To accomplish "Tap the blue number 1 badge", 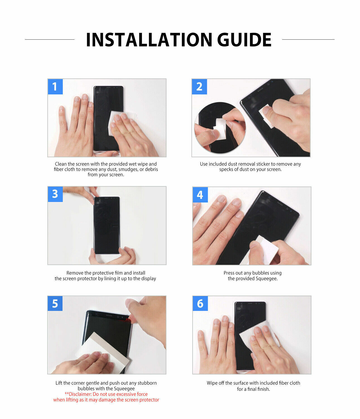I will pos(55,87).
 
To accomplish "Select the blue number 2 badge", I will pos(199,87).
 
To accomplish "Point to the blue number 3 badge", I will pos(55,194).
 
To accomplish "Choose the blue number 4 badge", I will pos(200,195).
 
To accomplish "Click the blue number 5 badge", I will pos(55,303).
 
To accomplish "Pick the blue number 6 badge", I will pos(200,303).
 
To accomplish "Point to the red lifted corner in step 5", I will pos(128,320).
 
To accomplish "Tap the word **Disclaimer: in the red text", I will pos(78,394).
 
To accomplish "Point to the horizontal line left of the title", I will pos(50,39).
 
